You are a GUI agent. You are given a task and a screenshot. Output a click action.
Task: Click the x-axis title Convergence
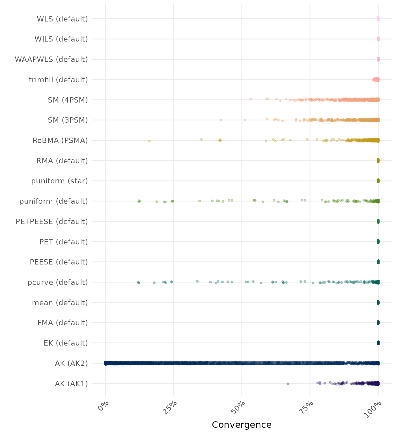[x=242, y=425]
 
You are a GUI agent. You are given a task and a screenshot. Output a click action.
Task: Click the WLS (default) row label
[x=62, y=19]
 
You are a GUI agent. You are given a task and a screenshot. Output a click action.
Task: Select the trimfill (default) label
[x=58, y=80]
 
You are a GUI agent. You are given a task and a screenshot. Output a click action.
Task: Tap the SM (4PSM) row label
[x=68, y=100]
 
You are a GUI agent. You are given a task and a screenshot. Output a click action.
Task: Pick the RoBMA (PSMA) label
[x=60, y=140]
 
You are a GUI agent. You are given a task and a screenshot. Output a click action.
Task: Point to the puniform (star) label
[x=59, y=181]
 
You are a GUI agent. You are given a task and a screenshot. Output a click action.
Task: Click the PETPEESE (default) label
[x=52, y=222]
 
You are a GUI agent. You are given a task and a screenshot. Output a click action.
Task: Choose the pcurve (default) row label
[x=58, y=282]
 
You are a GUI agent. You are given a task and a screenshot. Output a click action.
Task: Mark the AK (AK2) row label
[x=71, y=363]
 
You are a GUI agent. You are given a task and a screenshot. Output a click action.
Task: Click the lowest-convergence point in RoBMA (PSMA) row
[x=149, y=141]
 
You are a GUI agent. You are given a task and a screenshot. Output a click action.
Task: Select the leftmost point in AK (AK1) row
[x=288, y=384]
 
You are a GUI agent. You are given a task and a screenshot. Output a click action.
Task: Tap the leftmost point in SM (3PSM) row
[x=221, y=120]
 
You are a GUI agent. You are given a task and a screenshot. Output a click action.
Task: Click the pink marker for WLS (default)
[x=378, y=19]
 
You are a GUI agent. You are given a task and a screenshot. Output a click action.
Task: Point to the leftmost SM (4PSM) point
[x=251, y=99]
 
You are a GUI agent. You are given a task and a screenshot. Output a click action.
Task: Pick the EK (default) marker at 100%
[x=378, y=343]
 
